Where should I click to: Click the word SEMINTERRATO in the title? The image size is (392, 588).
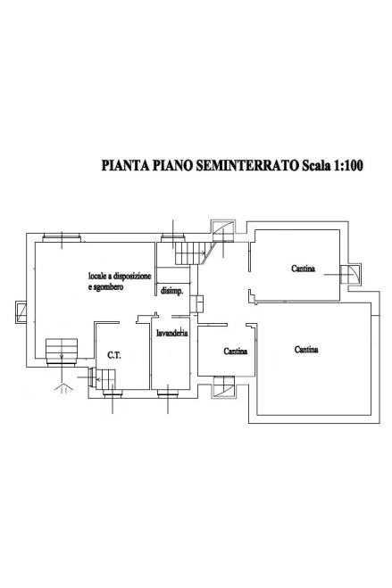(246, 165)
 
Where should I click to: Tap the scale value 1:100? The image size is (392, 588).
(347, 165)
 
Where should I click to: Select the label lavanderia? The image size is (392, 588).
(172, 333)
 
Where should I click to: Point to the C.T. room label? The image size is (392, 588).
(114, 355)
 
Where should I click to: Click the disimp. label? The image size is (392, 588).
(171, 292)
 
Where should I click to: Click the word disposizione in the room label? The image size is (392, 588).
(133, 277)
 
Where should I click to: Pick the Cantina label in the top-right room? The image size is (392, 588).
(303, 269)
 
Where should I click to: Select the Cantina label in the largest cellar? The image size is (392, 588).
(306, 350)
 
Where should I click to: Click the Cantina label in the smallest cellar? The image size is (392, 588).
(236, 352)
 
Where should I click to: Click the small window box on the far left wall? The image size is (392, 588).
(21, 311)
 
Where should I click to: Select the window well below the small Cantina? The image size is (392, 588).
(224, 386)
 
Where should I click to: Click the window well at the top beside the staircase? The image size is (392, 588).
(223, 231)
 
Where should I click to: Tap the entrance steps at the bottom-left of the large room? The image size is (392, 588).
(62, 352)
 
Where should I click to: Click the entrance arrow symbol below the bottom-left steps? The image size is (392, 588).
(63, 387)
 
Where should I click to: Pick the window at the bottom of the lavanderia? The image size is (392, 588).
(168, 393)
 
